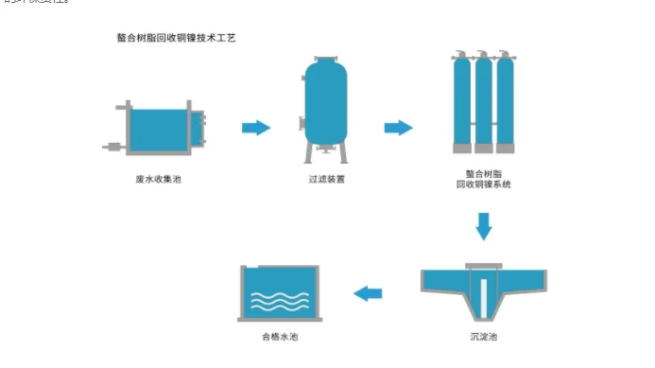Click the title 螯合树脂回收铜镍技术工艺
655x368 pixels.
168,39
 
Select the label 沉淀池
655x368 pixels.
484,335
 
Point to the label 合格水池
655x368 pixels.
280,335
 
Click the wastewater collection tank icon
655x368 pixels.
158,129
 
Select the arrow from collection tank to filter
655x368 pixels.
255,128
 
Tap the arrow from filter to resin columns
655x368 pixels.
398,128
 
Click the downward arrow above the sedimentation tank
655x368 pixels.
484,227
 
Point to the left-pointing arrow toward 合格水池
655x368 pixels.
368,294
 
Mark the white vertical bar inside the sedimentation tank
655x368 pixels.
484,293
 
